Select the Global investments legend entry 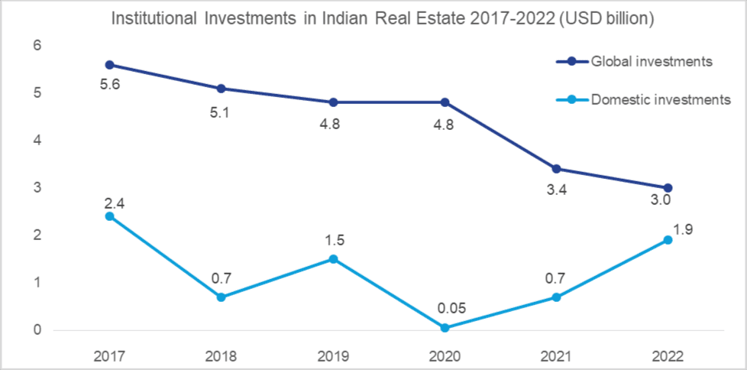652,61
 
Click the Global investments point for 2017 109,65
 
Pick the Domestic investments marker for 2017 109,216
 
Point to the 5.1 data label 221,112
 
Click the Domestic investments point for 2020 444,328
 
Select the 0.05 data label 444,309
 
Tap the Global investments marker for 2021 555,169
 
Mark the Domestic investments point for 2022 667,240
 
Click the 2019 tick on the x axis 332,355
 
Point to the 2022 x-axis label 667,355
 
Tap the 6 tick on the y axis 36,47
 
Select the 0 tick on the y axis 36,330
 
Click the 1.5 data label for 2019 332,240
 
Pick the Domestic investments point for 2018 221,297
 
